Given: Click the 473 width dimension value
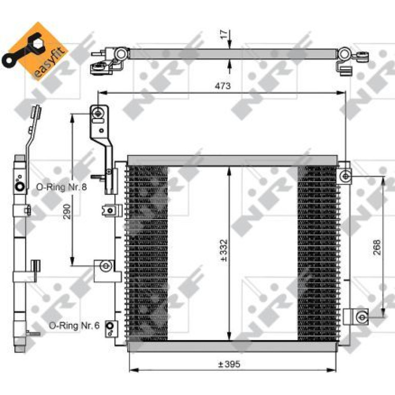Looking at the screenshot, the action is (223, 86).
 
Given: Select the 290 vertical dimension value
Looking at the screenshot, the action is (67, 211).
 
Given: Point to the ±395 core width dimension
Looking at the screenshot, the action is (229, 364).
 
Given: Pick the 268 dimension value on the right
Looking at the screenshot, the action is (377, 247).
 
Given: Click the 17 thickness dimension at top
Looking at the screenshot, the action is (225, 34).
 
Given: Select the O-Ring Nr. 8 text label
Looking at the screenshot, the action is (62, 187).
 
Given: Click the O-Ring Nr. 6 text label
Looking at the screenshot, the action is (74, 325).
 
